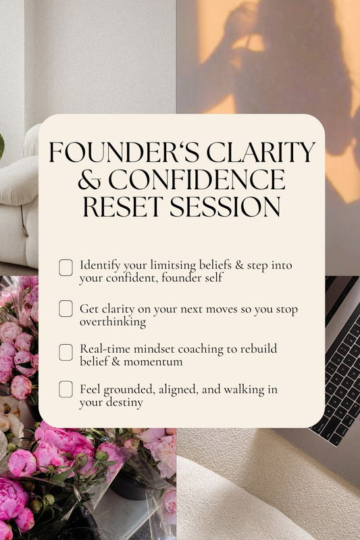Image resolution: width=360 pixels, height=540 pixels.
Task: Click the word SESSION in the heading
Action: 228,207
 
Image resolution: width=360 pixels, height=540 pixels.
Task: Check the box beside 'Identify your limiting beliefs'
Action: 66,268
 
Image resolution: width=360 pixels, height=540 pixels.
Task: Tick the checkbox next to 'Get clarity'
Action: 66,309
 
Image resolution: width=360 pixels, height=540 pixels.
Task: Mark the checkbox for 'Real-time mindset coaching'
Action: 66,352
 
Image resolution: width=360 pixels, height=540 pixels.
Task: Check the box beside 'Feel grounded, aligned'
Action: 66,389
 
